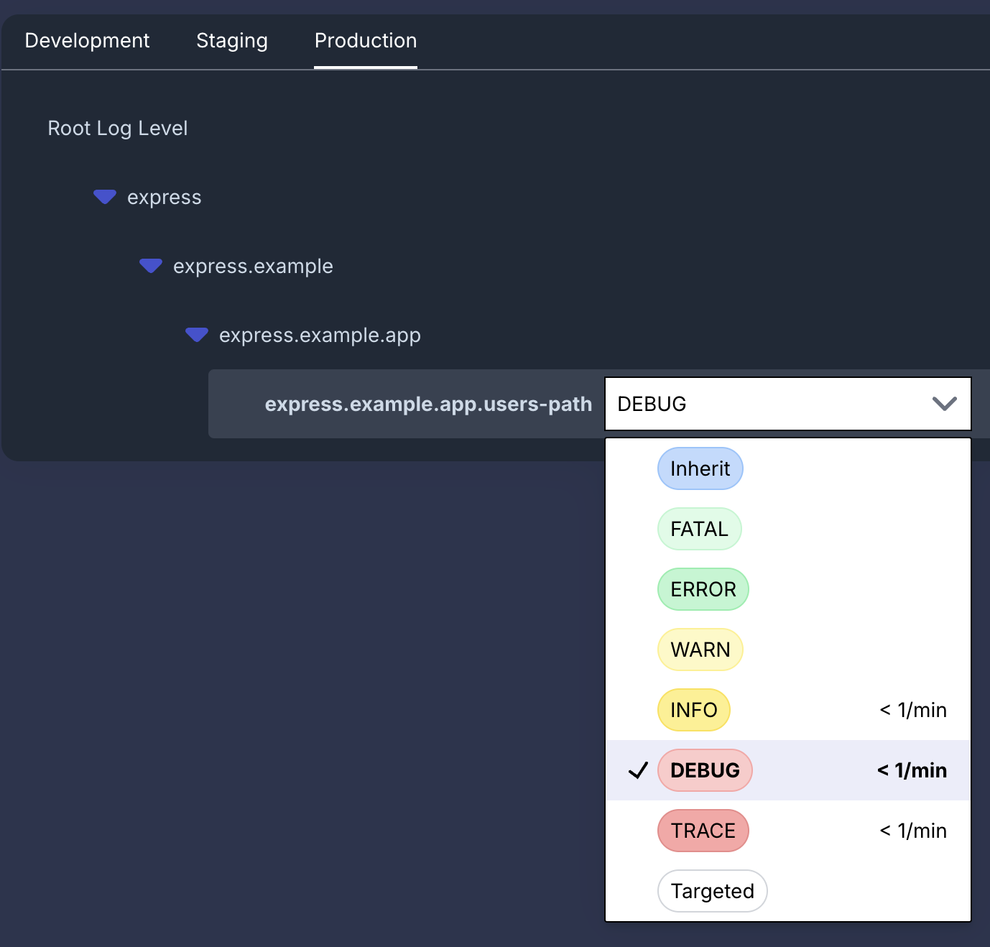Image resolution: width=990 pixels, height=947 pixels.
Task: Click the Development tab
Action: pyautogui.click(x=87, y=41)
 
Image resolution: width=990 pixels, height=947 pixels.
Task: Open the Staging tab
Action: pyautogui.click(x=232, y=41)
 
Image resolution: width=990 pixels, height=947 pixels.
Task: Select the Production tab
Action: pyautogui.click(x=366, y=41)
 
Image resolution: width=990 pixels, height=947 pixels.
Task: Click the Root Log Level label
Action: pyautogui.click(x=118, y=128)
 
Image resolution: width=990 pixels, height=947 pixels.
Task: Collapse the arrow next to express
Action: pyautogui.click(x=105, y=196)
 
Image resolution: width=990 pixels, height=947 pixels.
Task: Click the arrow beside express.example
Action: pyautogui.click(x=151, y=265)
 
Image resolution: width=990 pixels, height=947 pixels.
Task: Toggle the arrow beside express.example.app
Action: pyautogui.click(x=197, y=334)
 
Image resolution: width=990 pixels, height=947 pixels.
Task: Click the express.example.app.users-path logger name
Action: pyautogui.click(x=428, y=404)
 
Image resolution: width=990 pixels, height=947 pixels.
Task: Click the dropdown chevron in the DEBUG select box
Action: pyautogui.click(x=945, y=404)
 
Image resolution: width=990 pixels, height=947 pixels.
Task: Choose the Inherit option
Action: pyautogui.click(x=700, y=468)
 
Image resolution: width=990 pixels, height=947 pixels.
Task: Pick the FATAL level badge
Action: pyautogui.click(x=700, y=530)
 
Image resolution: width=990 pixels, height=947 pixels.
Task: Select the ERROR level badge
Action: pyautogui.click(x=703, y=589)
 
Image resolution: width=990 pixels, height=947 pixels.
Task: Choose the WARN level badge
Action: pyautogui.click(x=700, y=650)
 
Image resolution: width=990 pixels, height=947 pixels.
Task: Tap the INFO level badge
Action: pyautogui.click(x=694, y=710)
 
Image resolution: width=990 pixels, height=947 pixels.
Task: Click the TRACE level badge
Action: pyautogui.click(x=703, y=831)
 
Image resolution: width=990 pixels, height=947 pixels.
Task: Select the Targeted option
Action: pyautogui.click(x=712, y=891)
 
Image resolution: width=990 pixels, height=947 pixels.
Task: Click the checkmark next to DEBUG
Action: pyautogui.click(x=638, y=770)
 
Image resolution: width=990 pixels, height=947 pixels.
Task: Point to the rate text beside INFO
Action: pyautogui.click(x=913, y=710)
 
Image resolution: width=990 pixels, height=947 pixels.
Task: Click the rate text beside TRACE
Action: pyautogui.click(x=913, y=831)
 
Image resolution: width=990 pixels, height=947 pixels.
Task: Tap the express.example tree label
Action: pyautogui.click(x=254, y=266)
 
